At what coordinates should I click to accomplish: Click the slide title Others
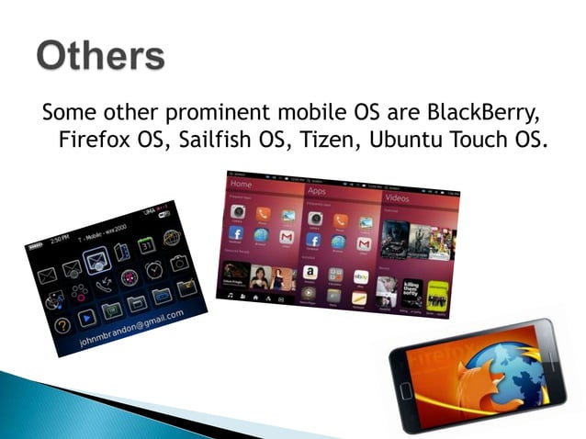pos(101,57)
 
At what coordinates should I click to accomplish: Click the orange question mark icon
pos(62,325)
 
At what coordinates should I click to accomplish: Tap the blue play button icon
pos(85,318)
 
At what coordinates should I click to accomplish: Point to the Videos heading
pos(398,198)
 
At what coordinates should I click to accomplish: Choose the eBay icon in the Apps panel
pos(362,276)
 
